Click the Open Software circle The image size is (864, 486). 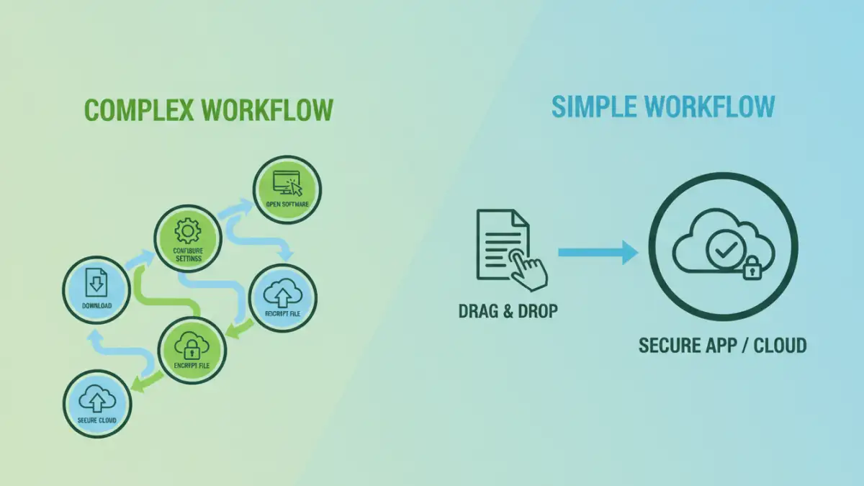coord(287,190)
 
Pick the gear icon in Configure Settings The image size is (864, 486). coord(187,230)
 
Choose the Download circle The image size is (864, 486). coord(97,289)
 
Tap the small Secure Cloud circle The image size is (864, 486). coord(97,403)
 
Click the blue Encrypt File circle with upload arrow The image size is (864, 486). coord(282,298)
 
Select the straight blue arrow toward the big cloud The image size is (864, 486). coord(598,253)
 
